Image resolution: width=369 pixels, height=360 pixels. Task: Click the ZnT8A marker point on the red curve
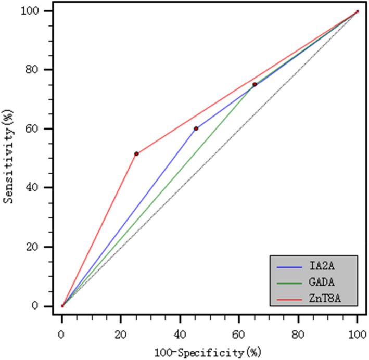(x=136, y=153)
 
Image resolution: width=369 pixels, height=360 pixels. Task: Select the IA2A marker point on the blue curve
(x=196, y=128)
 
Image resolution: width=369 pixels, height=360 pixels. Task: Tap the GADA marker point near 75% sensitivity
(x=255, y=84)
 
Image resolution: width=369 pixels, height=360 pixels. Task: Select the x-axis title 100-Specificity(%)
(x=210, y=352)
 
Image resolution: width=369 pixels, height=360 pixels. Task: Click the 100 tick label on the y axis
(x=43, y=11)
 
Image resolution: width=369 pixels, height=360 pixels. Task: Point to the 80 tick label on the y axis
(x=45, y=70)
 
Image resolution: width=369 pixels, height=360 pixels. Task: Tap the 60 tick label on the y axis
(x=45, y=129)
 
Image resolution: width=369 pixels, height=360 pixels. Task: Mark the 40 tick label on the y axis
(x=45, y=188)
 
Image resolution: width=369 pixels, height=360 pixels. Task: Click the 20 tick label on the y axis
(x=45, y=247)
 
